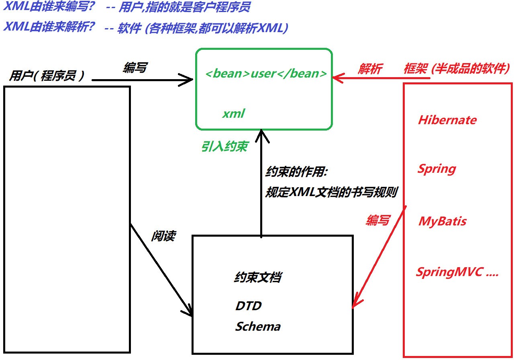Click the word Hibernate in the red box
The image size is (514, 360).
coord(447,120)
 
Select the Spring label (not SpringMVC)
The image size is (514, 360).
coord(436,170)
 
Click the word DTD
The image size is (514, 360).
coord(249,306)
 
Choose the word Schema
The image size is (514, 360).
coord(258,326)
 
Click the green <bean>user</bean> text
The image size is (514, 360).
coord(266,74)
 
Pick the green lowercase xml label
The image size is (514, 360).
coord(234,113)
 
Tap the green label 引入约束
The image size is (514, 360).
coord(224,146)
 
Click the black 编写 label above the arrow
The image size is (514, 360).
coord(135,67)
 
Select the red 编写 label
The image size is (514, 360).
coord(378,220)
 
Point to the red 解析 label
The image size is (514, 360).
coord(370,69)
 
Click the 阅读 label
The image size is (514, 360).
coord(163,236)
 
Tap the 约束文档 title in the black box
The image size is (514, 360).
coord(258,277)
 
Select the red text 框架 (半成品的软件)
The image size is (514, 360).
coord(457,68)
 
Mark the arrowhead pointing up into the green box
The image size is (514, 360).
coord(261,135)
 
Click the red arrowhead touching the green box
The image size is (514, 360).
coord(337,78)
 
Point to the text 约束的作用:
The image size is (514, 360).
coord(296,172)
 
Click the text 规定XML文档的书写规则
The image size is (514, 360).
coord(331,192)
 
